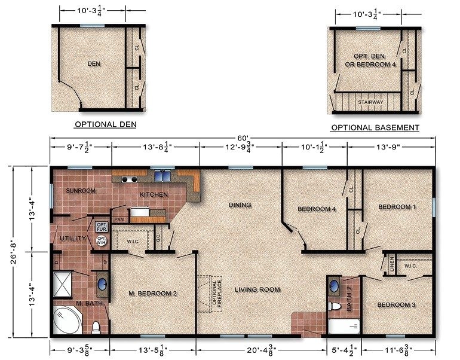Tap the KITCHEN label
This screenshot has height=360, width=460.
[x=154, y=195]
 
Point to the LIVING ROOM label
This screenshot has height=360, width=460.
[x=257, y=289]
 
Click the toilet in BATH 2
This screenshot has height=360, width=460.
[x=336, y=307]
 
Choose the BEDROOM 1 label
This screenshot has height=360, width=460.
[x=397, y=207]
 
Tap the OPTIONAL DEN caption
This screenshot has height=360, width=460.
[x=105, y=124]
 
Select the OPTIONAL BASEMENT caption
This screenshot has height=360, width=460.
[x=375, y=127]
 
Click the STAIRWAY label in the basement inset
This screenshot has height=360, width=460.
[x=370, y=102]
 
